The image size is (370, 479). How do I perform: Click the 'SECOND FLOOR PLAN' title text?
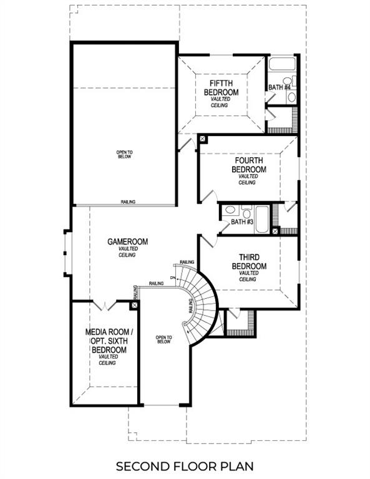point(185,465)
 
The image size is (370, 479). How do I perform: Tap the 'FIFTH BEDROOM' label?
point(221,87)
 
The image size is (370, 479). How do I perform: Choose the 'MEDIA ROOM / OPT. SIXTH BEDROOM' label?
point(105,341)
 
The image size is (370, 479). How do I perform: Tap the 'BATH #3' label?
point(241,222)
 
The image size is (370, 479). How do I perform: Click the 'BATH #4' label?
point(280,87)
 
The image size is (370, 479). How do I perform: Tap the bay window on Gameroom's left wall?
point(67,252)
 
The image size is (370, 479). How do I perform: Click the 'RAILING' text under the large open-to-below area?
point(129,202)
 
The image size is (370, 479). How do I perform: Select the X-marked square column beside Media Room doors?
point(134,306)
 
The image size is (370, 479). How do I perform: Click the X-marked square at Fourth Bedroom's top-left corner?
point(202,138)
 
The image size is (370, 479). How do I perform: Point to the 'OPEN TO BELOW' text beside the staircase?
point(164,340)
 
